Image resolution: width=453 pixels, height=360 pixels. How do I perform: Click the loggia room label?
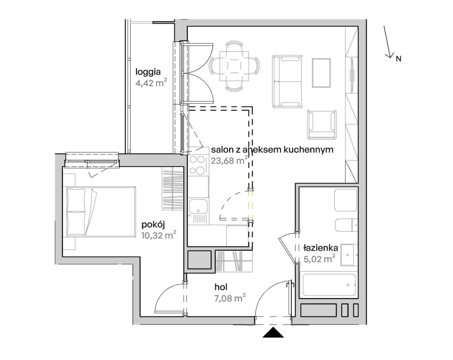(148, 72)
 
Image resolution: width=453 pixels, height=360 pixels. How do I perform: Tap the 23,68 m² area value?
(229, 161)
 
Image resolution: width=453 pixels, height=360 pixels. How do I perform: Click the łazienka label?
(321, 248)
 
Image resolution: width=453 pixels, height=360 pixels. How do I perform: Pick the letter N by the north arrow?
(399, 59)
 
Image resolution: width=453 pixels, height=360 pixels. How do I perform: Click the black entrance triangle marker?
(273, 332)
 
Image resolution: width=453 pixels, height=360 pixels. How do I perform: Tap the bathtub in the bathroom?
(329, 285)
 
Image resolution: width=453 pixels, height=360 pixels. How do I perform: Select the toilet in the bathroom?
(346, 225)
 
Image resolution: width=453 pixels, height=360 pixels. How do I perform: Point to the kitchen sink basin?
(198, 206)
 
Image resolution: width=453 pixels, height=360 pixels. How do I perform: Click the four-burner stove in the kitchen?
(197, 165)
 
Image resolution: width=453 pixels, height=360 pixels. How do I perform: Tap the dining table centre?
(234, 66)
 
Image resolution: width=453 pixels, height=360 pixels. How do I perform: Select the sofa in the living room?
(287, 81)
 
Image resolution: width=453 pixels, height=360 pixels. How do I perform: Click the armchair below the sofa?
(321, 124)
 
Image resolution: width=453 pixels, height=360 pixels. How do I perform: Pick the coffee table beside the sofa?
(321, 73)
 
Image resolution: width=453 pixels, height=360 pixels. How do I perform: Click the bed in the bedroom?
(101, 211)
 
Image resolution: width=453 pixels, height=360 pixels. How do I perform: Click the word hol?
(221, 287)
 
